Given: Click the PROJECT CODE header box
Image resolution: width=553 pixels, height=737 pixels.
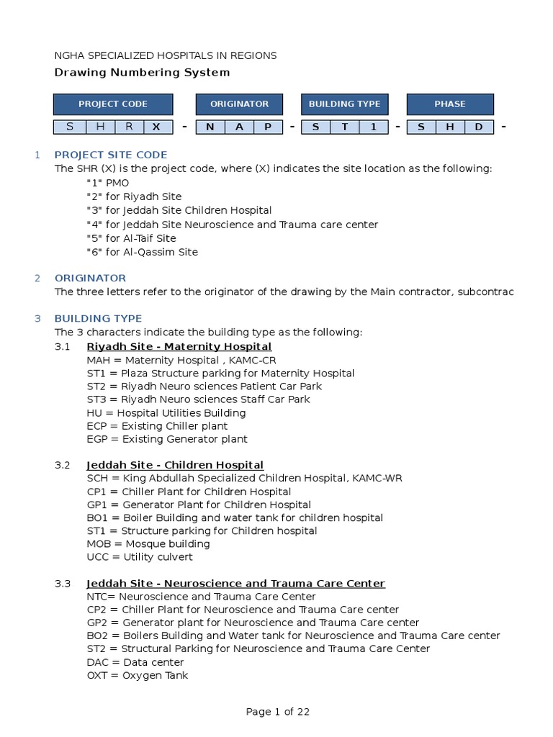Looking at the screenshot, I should click(x=113, y=104).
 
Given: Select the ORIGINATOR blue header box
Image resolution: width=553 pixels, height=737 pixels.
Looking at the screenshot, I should click(x=239, y=104).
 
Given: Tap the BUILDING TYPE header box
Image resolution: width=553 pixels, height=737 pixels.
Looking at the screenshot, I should click(x=344, y=104).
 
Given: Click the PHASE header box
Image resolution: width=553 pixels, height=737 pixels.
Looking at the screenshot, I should click(x=450, y=104).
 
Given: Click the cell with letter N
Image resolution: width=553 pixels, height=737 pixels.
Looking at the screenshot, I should click(x=210, y=127).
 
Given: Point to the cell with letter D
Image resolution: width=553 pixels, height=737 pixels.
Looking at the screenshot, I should click(x=479, y=127).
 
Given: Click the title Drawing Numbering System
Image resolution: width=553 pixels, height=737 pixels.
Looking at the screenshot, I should click(x=143, y=73).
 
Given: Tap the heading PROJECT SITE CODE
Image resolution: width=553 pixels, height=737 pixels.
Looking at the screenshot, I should click(x=111, y=155).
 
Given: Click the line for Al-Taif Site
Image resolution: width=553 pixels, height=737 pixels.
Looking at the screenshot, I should click(x=131, y=238).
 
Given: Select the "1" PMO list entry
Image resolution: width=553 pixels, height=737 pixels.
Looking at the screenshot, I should click(x=108, y=183).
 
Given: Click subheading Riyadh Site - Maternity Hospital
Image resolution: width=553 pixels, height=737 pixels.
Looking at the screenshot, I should click(x=179, y=347).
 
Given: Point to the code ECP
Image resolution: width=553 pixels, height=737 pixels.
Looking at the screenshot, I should click(x=96, y=426).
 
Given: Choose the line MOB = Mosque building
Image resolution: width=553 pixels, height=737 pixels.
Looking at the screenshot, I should click(x=148, y=544).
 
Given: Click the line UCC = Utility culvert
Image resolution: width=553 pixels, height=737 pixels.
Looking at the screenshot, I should click(x=140, y=557).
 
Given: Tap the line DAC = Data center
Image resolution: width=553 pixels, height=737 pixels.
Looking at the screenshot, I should click(x=135, y=662).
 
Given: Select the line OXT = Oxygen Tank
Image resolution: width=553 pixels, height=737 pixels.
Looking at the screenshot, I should click(x=138, y=675).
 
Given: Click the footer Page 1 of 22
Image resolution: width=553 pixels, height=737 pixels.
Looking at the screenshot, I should click(x=278, y=712).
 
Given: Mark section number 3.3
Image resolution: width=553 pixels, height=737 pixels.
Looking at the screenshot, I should click(x=63, y=584).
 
